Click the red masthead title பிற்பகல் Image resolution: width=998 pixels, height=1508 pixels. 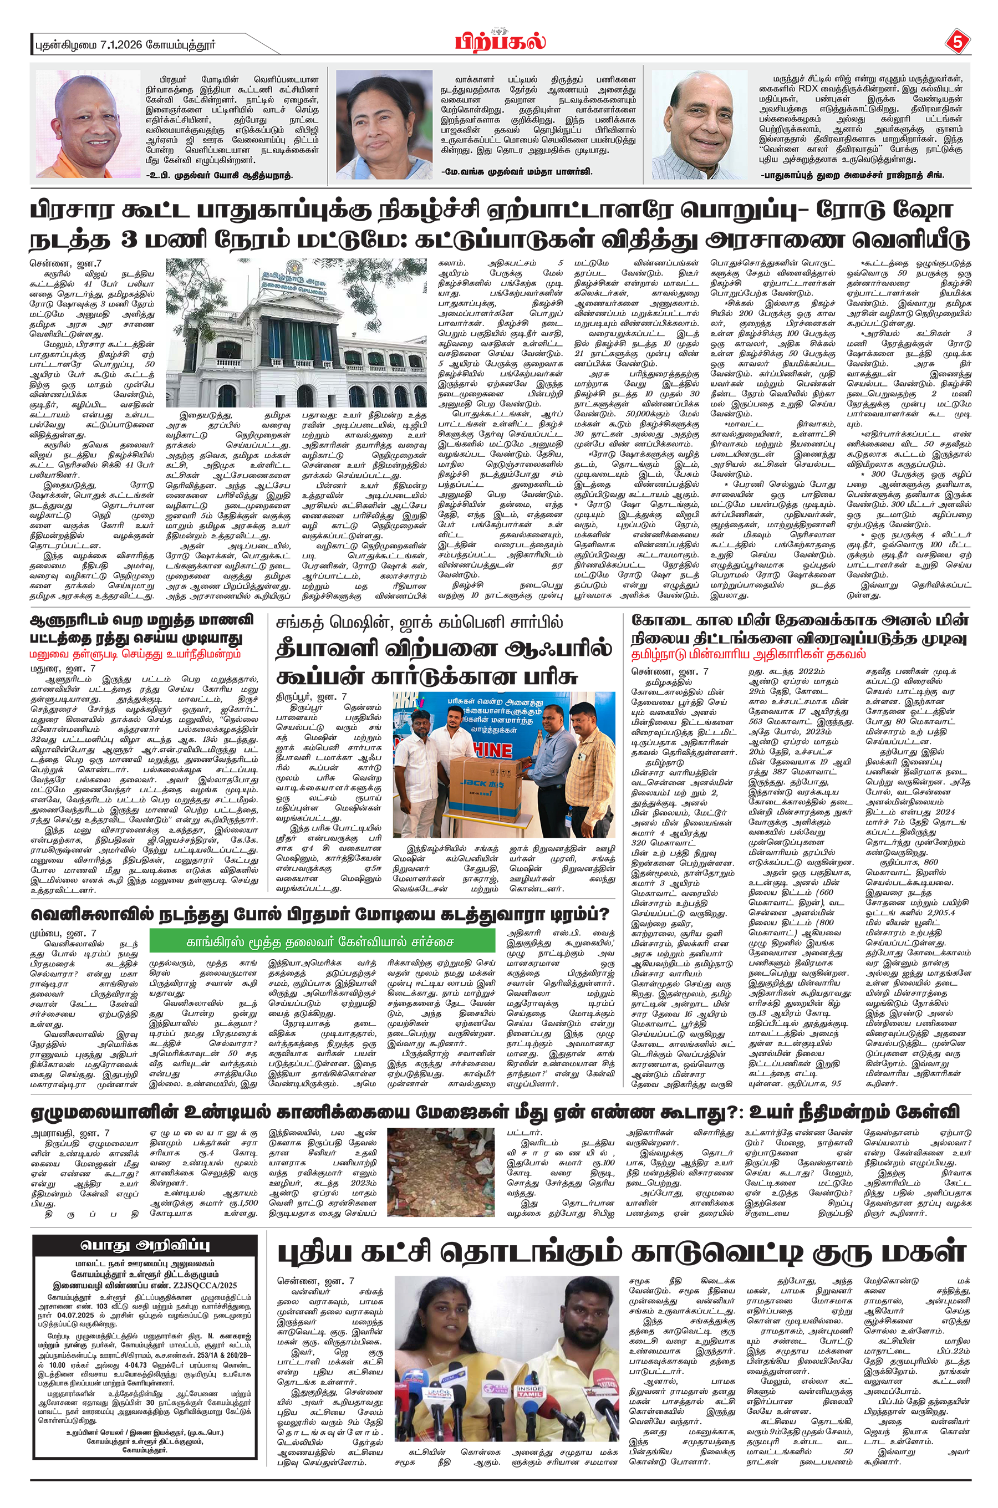[500, 42]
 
